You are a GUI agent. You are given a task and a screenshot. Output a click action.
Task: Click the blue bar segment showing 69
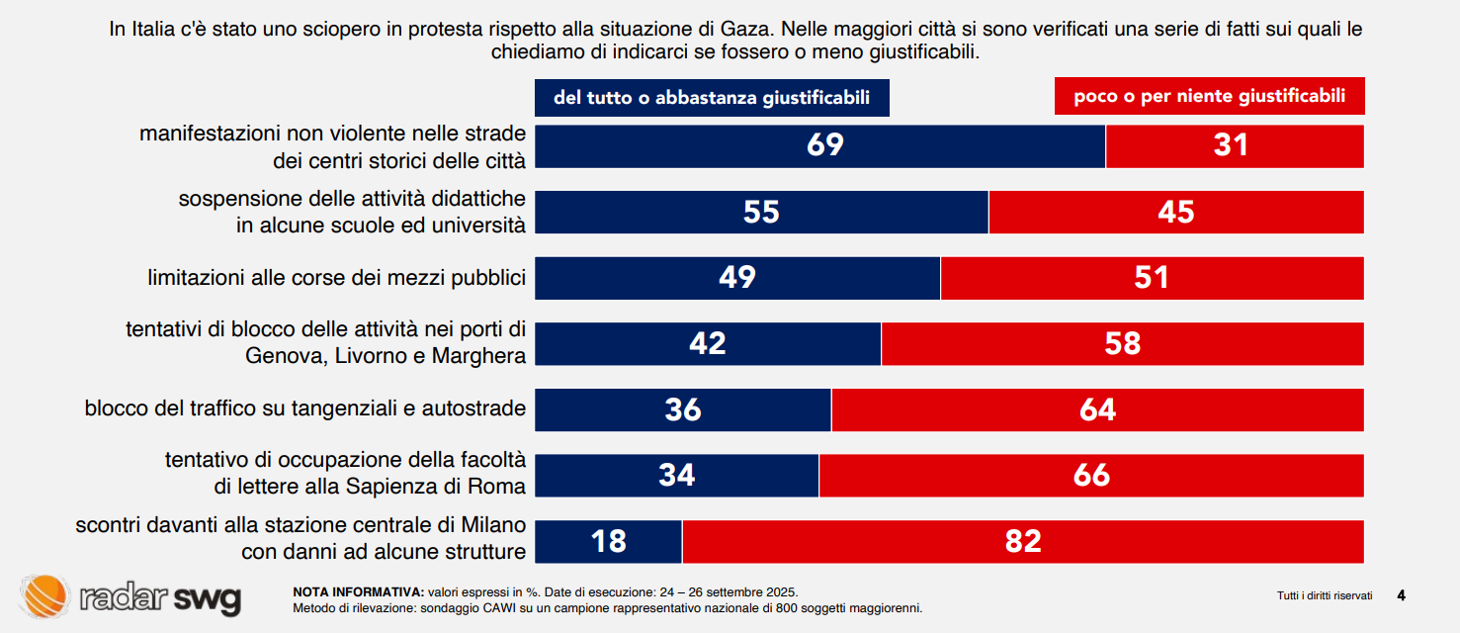820,146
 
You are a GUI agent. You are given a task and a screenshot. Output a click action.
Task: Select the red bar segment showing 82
1023,541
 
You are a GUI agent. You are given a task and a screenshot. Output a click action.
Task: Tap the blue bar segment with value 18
609,541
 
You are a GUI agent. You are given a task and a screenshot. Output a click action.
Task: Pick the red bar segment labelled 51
1152,278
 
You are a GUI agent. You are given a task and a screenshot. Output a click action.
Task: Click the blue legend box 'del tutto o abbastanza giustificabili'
712,98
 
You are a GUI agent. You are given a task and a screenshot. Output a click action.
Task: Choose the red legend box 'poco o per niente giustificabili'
1210,97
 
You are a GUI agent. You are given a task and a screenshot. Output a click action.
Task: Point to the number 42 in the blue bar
708,343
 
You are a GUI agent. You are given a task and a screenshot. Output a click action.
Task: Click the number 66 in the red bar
1091,476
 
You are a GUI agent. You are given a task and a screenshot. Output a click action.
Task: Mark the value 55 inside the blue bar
761,212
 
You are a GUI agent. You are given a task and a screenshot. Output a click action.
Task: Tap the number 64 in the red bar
1097,409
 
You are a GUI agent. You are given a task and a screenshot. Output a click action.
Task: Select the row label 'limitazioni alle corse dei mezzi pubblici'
336,278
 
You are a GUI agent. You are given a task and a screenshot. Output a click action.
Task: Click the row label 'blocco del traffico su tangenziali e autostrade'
304,408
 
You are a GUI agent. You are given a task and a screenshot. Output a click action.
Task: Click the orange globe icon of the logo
45,596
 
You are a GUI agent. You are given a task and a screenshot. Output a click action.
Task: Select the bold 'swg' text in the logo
208,597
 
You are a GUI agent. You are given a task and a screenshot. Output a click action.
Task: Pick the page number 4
1401,594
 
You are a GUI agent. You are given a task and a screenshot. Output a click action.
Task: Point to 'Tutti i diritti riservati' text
1325,595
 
